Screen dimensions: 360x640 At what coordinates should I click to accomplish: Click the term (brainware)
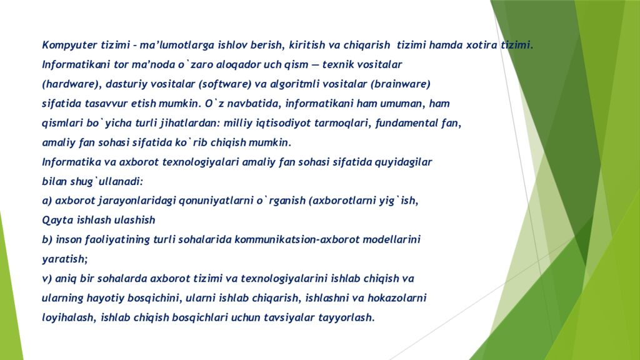(x=401, y=84)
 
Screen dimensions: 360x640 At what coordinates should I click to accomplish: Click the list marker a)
(x=47, y=201)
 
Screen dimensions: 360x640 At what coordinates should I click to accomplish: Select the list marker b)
(x=47, y=239)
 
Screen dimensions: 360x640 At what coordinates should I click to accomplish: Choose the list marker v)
(x=47, y=278)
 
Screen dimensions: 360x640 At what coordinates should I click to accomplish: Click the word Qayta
(x=55, y=220)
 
